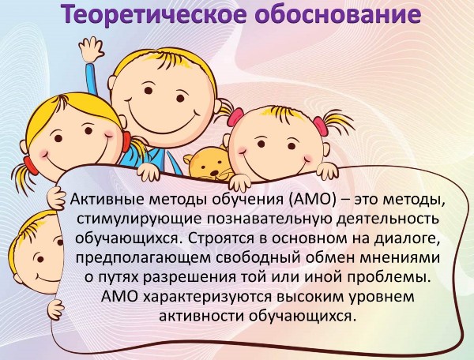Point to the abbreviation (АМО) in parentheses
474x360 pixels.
[312, 201]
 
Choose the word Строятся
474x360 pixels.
[221, 238]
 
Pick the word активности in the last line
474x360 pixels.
[201, 317]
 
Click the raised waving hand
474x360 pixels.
[92, 48]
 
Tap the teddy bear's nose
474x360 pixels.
[214, 173]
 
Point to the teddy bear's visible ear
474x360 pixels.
[189, 159]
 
